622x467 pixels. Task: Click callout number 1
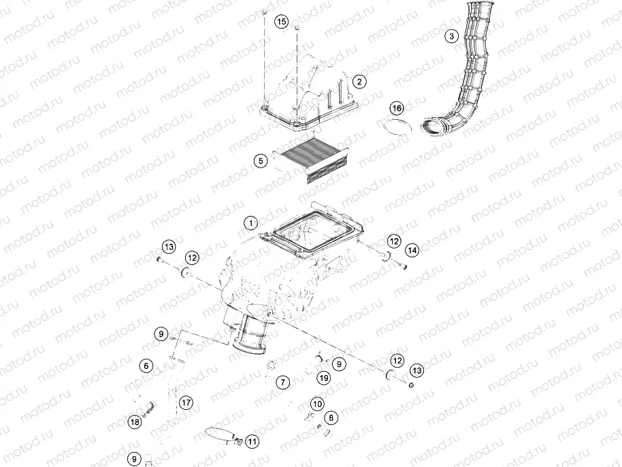(251, 223)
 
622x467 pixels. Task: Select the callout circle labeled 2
(359, 82)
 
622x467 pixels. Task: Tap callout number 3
(450, 36)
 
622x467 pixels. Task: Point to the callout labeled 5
(259, 161)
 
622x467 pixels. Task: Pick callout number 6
(146, 366)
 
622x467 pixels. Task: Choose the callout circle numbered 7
(282, 382)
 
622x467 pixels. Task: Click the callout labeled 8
(331, 417)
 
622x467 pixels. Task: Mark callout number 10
(317, 404)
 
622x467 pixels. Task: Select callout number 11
(252, 441)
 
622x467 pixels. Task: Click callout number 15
(281, 22)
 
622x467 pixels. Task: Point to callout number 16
(397, 108)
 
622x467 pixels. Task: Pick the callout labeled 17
(186, 402)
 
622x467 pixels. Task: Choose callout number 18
(135, 422)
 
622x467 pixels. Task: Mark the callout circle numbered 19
(324, 378)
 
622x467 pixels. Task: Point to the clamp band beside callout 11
(221, 433)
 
